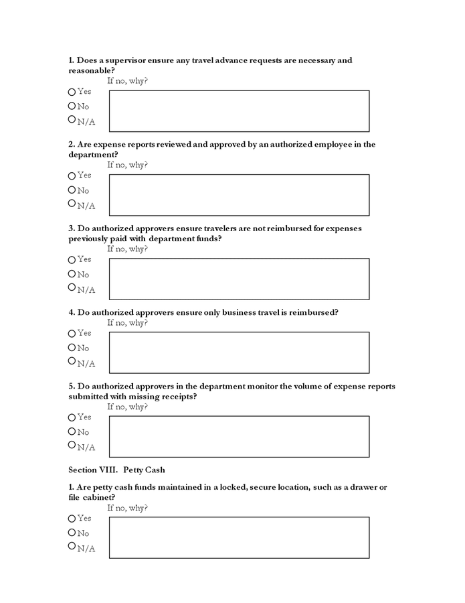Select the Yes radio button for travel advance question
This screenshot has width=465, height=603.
(72, 92)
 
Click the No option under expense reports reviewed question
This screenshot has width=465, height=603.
(72, 190)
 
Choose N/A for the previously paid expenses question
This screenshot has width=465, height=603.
(72, 287)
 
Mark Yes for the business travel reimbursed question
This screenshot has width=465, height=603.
(72, 334)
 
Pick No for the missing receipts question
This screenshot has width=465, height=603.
(72, 431)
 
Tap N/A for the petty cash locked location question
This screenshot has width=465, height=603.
(72, 546)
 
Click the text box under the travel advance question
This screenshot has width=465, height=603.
(239, 111)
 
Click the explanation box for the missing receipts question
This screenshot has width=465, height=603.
(239, 437)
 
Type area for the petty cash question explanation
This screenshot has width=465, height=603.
(239, 537)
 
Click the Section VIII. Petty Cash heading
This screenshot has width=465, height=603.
(116, 470)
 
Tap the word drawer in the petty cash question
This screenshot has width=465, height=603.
(361, 487)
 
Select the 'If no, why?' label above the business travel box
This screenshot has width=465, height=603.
(127, 323)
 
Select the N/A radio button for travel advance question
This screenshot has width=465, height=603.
(72, 119)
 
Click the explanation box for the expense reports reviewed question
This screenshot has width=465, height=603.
(239, 195)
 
